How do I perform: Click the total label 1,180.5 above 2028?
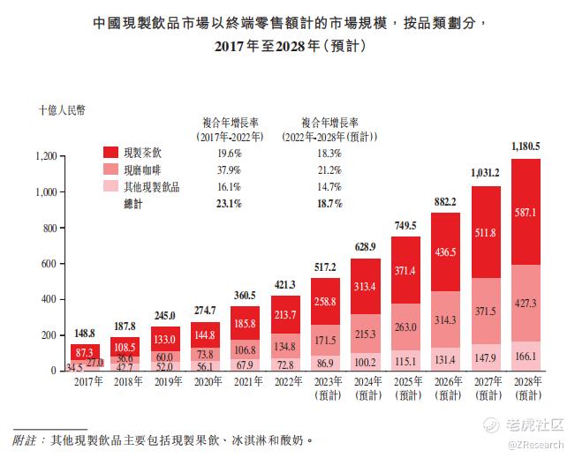526,146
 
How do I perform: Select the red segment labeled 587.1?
526,213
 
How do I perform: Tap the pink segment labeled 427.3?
526,304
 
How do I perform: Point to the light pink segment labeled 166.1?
526,357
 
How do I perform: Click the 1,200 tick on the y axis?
45,156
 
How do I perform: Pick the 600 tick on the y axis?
49,264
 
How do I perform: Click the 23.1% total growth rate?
231,204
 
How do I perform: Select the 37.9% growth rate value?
231,169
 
